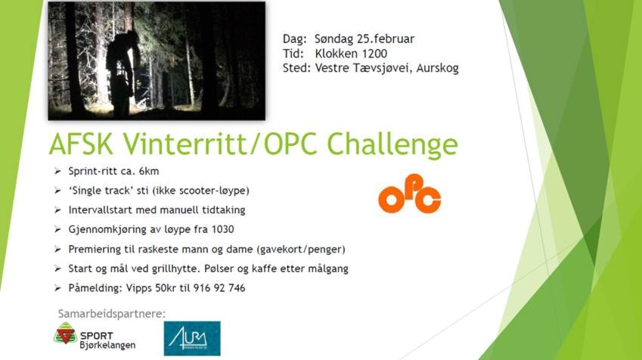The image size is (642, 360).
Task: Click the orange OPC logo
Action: (409, 194)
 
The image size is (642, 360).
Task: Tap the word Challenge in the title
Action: (392, 144)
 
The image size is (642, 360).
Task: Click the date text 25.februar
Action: (386, 39)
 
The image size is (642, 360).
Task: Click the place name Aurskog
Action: (437, 68)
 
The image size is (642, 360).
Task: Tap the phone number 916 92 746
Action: (219, 288)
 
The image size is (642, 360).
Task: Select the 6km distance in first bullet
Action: (149, 171)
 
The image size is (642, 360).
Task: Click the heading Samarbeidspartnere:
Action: (112, 314)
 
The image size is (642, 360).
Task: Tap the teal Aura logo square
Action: (192, 338)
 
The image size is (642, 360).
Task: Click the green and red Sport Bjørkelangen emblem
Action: (66, 333)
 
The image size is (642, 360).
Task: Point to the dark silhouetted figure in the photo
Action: (121, 73)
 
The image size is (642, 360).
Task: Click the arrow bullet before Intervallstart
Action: (57, 210)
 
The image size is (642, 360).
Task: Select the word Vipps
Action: (139, 288)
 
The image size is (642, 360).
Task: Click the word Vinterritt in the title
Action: (187, 144)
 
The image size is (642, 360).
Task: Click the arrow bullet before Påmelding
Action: (57, 288)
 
